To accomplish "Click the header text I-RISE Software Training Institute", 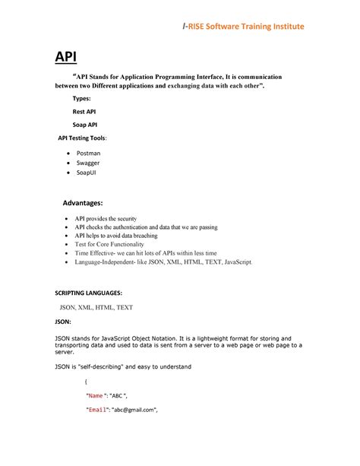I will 242,27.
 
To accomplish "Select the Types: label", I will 81,100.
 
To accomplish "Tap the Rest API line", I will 84,112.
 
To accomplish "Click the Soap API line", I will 84,124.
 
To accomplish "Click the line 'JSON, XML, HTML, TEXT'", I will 96,307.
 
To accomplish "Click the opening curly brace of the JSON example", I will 86,381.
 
